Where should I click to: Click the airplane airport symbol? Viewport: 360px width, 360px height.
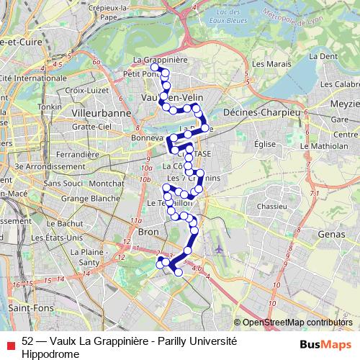tap(218, 249)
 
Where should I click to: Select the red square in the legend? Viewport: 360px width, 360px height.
tap(10, 346)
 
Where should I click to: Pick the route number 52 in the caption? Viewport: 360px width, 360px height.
tap(28, 340)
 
